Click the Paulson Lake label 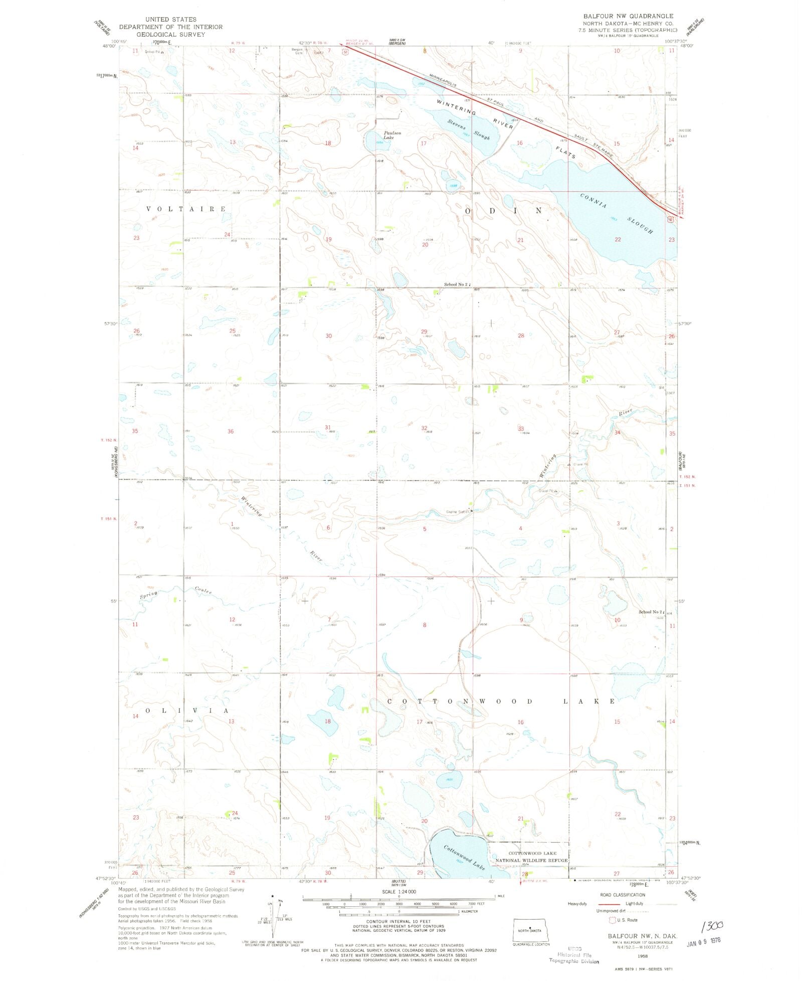[392, 135]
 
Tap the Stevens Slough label [468, 129]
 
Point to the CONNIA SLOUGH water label [617, 213]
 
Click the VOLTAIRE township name [186, 209]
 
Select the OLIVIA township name [187, 711]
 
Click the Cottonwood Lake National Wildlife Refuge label [531, 857]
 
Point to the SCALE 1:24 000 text [398, 892]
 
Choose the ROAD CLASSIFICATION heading [623, 895]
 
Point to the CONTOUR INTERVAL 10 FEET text [398, 922]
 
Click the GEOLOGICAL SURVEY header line [170, 35]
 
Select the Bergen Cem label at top [297, 51]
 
